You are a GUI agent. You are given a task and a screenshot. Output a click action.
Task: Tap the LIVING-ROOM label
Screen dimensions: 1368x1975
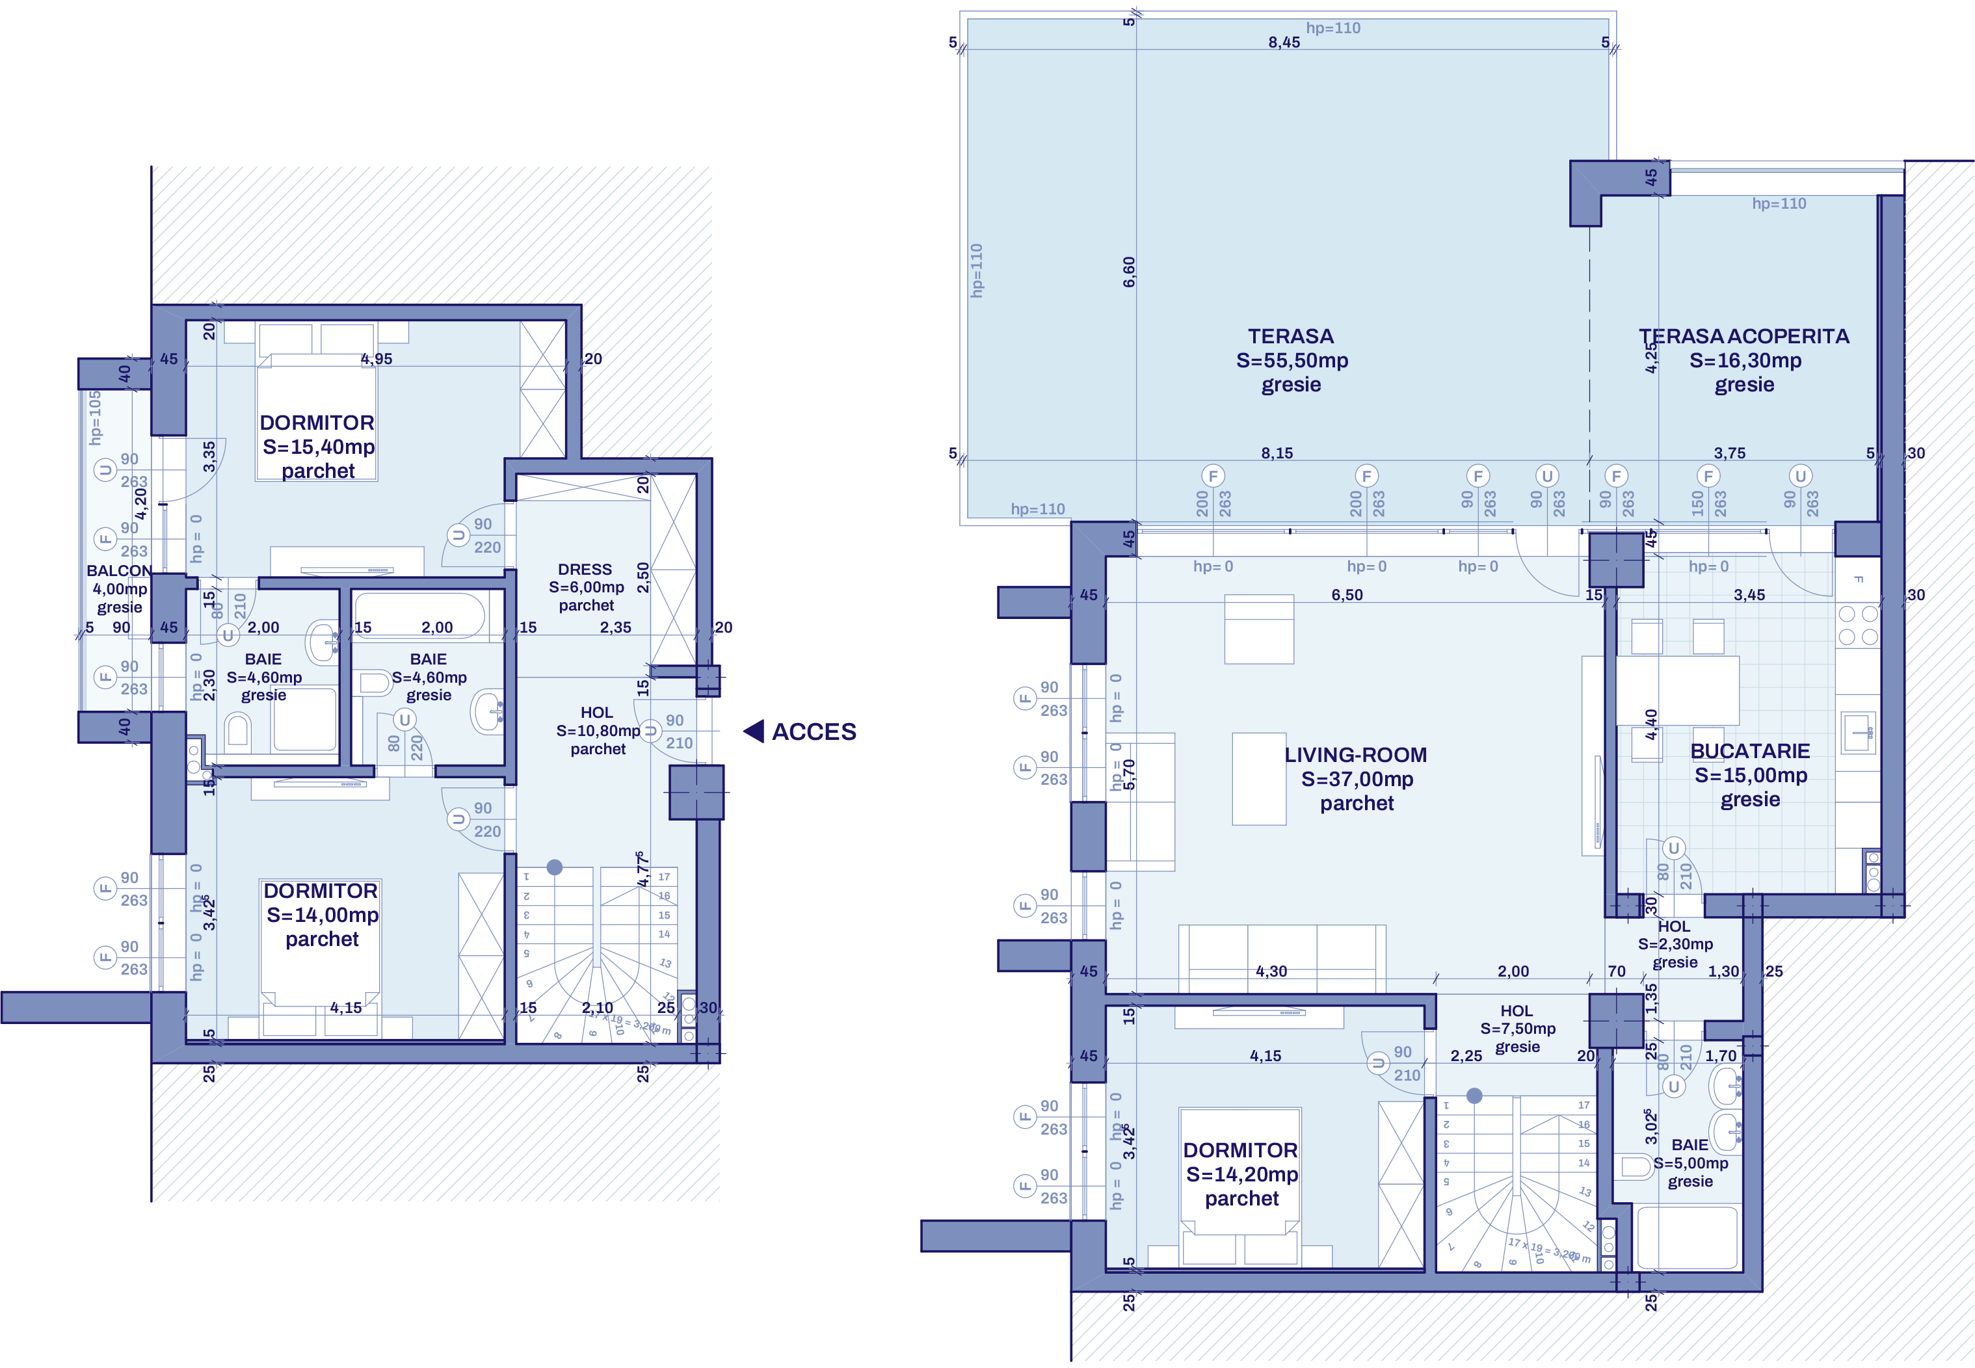[x=1355, y=755]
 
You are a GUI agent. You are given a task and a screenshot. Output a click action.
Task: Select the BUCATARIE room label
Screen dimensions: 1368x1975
[x=1749, y=751]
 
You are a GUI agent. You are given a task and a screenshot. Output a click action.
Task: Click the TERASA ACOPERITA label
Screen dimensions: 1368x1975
[x=1743, y=336]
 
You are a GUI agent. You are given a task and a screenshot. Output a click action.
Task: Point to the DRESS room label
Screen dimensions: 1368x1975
[x=585, y=569]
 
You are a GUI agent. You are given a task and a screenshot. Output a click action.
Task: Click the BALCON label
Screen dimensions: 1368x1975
[x=119, y=571]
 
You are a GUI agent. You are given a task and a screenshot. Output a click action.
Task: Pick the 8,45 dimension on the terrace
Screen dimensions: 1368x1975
[x=1284, y=42]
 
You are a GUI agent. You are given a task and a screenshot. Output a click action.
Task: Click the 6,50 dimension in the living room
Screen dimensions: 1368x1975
[x=1347, y=595]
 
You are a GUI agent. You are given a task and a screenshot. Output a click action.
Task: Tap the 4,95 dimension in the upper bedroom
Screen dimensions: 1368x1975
[x=377, y=359]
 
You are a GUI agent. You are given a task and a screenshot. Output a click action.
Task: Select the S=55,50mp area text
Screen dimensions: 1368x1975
[x=1292, y=361]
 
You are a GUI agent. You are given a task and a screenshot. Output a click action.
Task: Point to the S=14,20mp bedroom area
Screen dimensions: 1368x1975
[x=1241, y=1174]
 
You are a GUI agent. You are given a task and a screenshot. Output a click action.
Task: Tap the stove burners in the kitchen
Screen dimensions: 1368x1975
[x=1857, y=625]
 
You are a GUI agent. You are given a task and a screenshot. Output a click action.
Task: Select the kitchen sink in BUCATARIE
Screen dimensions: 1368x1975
[x=1857, y=731]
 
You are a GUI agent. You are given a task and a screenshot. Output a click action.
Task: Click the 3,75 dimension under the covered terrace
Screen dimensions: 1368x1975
[x=1729, y=453]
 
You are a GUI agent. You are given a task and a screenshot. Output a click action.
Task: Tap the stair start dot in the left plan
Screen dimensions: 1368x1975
[x=555, y=867]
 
